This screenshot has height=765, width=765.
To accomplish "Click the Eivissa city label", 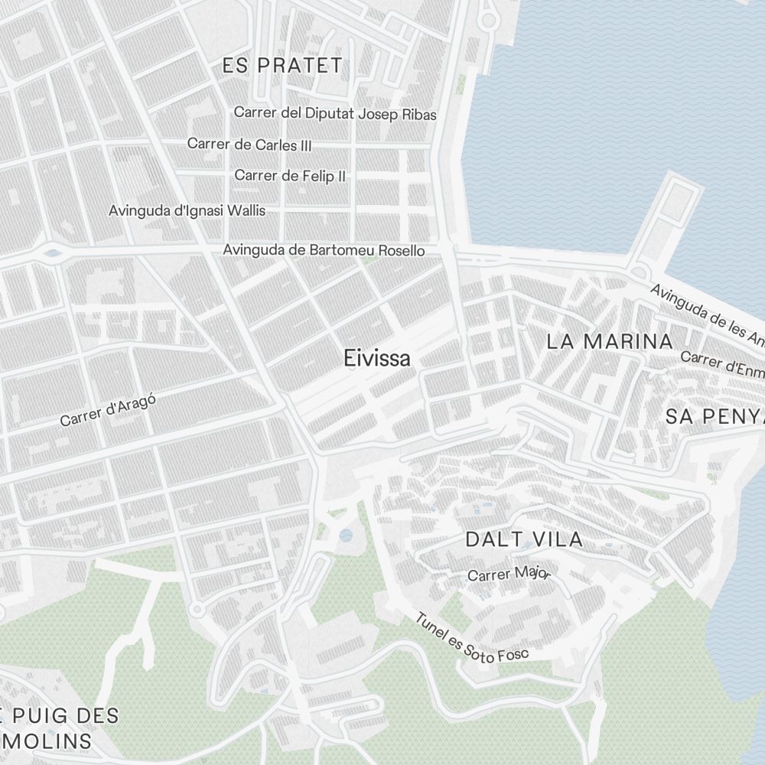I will (x=377, y=358).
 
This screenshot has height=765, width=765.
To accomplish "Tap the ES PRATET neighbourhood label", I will (x=282, y=66).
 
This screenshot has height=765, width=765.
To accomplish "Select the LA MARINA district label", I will (x=610, y=341).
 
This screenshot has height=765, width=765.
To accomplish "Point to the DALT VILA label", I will (x=524, y=539).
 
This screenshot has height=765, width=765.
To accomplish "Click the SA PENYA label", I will (x=714, y=417).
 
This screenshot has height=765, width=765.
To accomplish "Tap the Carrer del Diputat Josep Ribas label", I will (x=335, y=114).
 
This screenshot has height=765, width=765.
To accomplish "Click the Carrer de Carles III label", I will (x=249, y=144).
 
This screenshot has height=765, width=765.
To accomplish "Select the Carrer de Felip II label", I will (x=290, y=175).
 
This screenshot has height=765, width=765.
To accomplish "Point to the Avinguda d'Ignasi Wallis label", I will (x=187, y=210).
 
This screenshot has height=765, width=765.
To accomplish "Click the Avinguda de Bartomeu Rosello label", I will (x=324, y=250).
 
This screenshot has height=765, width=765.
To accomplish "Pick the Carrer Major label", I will (x=509, y=574).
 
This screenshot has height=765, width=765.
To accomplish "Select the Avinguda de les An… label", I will (x=707, y=313).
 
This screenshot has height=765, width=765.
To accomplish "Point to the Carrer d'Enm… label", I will (x=722, y=363).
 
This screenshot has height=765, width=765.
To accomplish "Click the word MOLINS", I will (x=46, y=741).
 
